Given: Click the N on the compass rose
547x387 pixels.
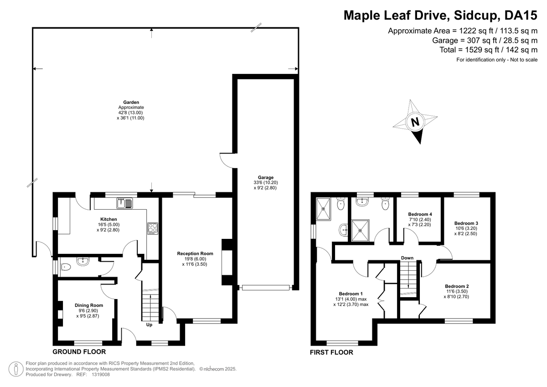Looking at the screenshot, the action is [415, 121].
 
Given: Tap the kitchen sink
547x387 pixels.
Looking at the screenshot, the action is [124, 203].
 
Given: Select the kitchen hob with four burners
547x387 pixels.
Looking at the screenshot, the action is [153, 228].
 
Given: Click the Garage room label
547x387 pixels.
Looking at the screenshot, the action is [266, 177].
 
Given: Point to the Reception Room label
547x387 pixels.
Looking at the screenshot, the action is [195, 253].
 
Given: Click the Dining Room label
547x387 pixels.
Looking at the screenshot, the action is [89, 305].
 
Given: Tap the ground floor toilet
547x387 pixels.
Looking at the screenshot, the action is [65, 267].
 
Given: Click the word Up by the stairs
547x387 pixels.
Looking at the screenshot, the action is [149, 325].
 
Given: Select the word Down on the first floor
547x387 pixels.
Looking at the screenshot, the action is [408, 258].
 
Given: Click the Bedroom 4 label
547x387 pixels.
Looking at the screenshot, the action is [420, 214].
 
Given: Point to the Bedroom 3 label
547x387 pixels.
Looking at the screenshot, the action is [466, 223].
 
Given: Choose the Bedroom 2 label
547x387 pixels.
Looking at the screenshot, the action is [457, 286].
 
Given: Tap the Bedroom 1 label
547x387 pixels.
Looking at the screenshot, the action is [351, 294].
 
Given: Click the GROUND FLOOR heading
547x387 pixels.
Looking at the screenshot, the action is [79, 352].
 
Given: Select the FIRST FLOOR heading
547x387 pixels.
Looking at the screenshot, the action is [332, 352].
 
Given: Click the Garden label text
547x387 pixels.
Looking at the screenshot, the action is [131, 102].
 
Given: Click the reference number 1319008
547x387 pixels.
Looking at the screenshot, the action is [101, 375].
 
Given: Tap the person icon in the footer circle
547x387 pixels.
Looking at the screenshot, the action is [16, 369].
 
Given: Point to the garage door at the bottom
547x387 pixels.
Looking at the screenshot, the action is [266, 288].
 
